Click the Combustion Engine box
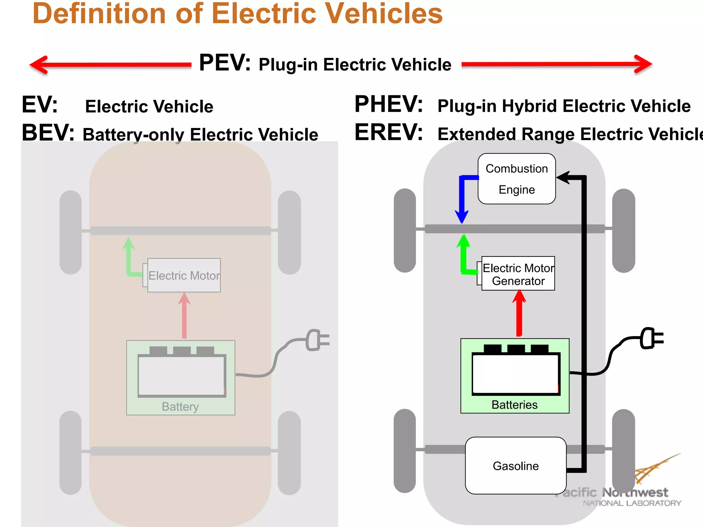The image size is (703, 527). coord(517,179)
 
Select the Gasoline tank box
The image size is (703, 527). coord(516,466)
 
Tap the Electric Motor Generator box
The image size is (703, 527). coord(518,274)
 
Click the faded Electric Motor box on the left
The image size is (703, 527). coord(184,276)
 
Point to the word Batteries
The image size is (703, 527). coord(514,405)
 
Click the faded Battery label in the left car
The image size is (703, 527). coord(180,407)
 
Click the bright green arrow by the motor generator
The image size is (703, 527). coord(464,256)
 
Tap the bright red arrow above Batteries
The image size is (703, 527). coord(519,314)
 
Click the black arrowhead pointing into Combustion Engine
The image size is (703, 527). coord(564,177)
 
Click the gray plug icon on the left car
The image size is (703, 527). coord(316,340)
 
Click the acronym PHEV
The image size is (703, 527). coord(388,104)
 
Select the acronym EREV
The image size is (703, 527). coord(388,132)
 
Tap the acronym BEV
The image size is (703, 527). coord(48,133)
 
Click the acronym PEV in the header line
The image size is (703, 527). coord(224,63)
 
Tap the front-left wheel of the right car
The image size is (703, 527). coord(405,231)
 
